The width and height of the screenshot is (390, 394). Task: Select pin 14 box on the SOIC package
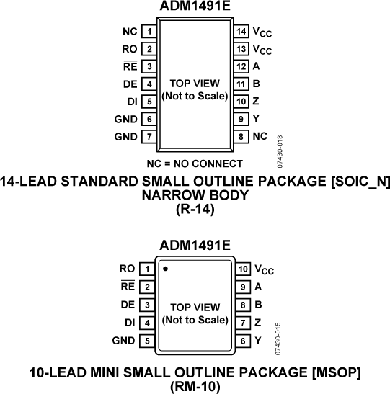241,32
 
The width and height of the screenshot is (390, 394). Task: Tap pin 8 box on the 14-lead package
241,135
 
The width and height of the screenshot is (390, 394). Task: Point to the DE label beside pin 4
130,84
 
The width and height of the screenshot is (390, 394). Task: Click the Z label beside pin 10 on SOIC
257,101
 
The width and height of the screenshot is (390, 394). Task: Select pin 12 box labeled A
241,66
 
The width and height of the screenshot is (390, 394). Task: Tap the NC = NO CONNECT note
195,164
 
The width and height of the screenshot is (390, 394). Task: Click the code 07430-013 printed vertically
280,148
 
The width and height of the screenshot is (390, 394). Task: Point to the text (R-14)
195,210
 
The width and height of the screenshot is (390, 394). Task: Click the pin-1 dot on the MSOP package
165,269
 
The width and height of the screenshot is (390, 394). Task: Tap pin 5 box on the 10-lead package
146,339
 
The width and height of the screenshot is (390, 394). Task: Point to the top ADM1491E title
195,8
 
